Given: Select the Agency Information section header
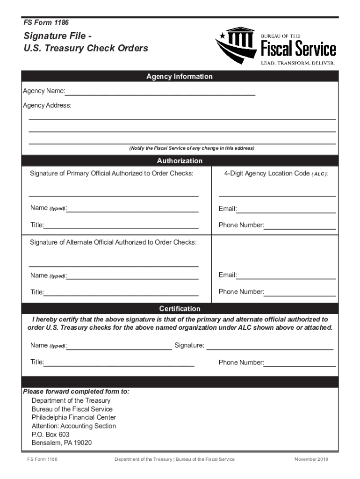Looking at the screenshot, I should pyautogui.click(x=180, y=76).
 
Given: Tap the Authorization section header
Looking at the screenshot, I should pyautogui.click(x=180, y=161).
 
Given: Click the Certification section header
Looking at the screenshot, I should pyautogui.click(x=180, y=309).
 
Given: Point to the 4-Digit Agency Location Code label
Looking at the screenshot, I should pyautogui.click(x=276, y=174).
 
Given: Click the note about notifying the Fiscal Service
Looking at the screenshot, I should pyautogui.click(x=192, y=148).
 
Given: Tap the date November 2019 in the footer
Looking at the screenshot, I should pyautogui.click(x=311, y=459).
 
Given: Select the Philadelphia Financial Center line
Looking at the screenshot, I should pyautogui.click(x=74, y=417).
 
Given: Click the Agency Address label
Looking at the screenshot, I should pyautogui.click(x=47, y=106).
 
